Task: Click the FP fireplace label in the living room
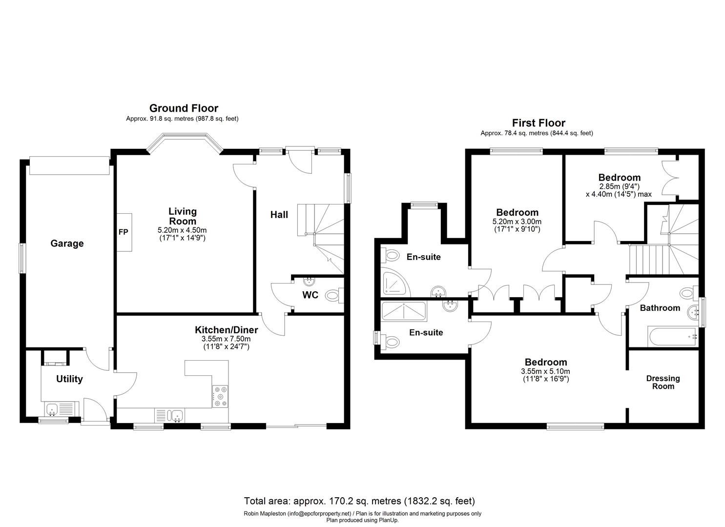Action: point(123,232)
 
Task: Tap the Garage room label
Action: point(67,243)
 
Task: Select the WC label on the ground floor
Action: point(310,295)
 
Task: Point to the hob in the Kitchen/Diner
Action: point(220,396)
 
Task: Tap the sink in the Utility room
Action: point(53,409)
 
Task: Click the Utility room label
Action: point(69,379)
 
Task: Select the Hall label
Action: point(279,215)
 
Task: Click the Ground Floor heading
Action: point(184,108)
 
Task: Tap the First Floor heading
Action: point(539,123)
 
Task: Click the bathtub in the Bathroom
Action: point(672,337)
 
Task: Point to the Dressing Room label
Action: point(663,382)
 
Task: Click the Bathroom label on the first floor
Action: point(660,308)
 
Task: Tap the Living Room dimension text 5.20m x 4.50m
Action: point(183,230)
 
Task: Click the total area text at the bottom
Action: point(359,501)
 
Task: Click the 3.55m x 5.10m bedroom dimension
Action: point(545,371)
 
